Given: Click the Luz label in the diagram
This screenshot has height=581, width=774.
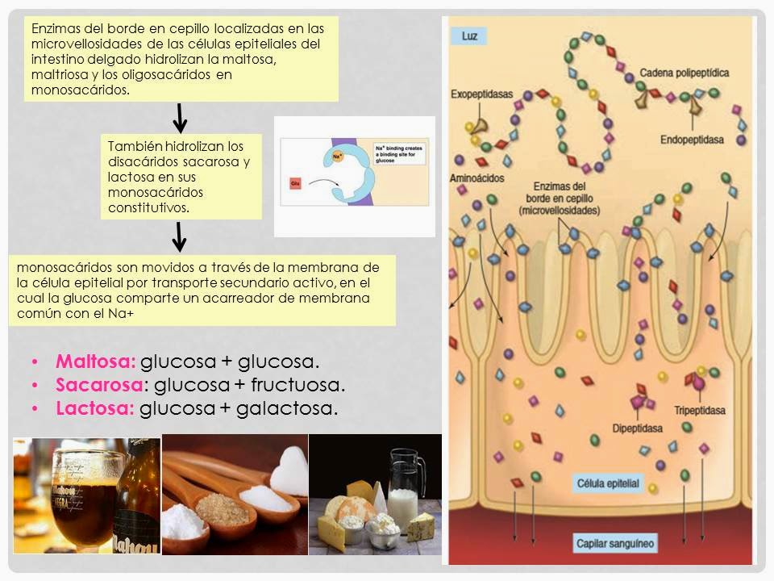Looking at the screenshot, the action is tap(468, 36).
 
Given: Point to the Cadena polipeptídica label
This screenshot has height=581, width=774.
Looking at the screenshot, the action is tap(685, 73).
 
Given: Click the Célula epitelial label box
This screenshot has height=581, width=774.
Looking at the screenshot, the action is tap(608, 484).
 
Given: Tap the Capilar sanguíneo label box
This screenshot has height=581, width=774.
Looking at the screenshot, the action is tap(615, 542).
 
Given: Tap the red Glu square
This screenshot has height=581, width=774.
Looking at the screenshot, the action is tap(294, 184).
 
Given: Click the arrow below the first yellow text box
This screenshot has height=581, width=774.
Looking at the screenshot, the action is tap(181, 117).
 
